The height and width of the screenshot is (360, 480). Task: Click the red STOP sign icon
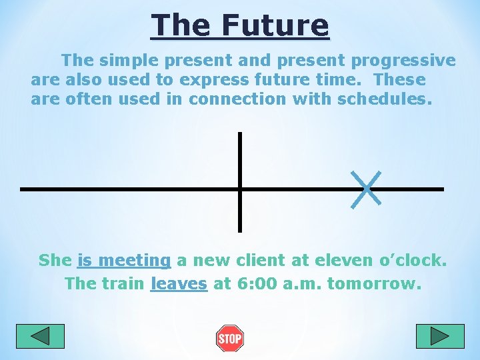(230, 339)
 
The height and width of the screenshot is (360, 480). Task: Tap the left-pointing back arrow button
(40, 336)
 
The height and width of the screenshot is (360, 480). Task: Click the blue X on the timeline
(366, 189)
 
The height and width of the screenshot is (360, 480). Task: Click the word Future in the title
(275, 26)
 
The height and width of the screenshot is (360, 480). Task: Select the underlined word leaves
(179, 283)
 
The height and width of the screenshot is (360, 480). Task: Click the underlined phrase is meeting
(124, 260)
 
